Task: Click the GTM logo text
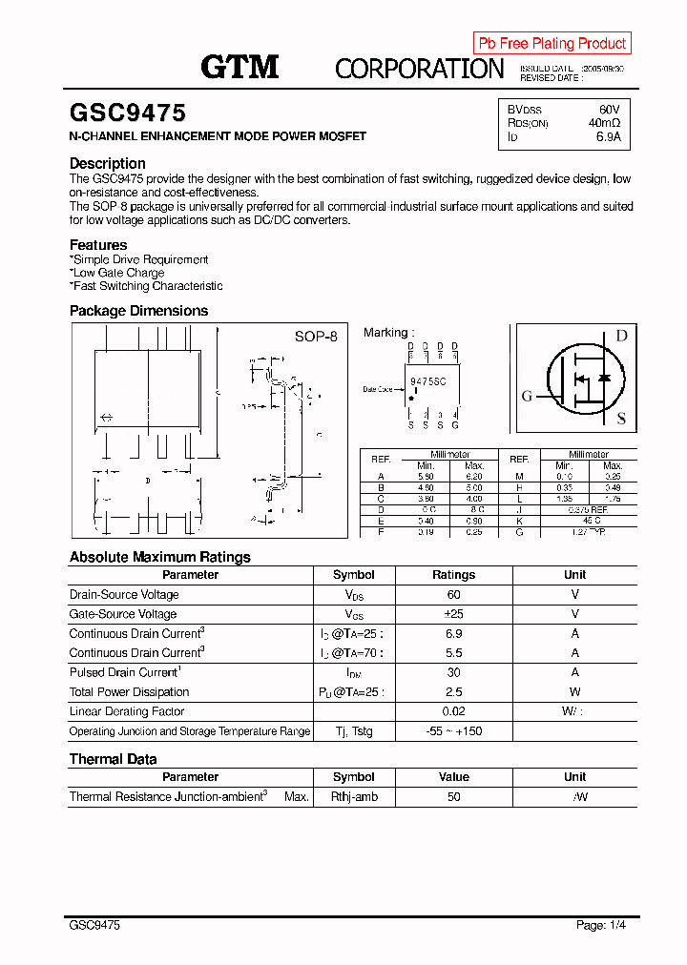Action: [239, 67]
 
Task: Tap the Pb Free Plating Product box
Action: [552, 43]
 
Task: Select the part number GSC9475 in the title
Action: [128, 113]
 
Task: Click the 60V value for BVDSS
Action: [609, 110]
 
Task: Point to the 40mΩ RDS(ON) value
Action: [604, 123]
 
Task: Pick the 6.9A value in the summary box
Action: [608, 137]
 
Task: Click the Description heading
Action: [108, 163]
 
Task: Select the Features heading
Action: [98, 245]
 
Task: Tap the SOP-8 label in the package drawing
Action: [315, 337]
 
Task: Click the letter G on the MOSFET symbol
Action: [526, 397]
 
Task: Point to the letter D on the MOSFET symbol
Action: [621, 336]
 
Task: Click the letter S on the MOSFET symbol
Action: [621, 418]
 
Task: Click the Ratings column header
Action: [453, 575]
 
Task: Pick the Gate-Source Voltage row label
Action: [123, 614]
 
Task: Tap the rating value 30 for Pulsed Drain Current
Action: [453, 672]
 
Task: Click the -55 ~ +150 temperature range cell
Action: [453, 731]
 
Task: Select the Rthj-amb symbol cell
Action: [354, 796]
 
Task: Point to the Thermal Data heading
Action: [113, 759]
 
